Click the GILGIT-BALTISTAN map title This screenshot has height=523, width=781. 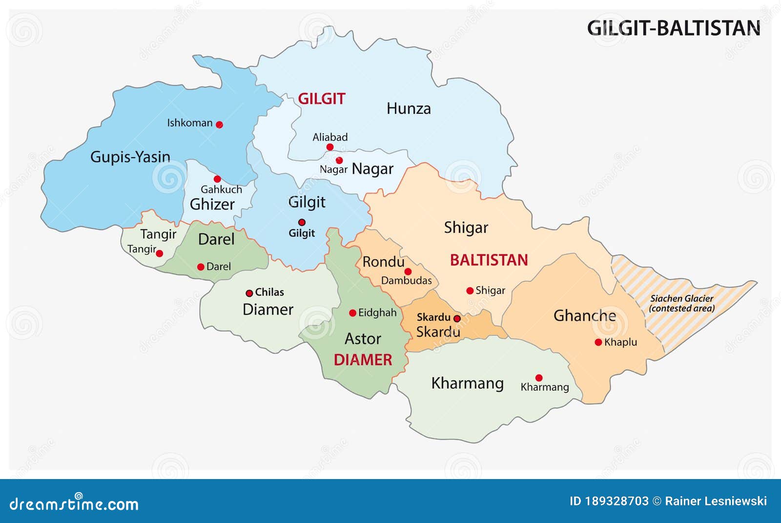(673, 28)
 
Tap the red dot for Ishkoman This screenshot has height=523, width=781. (219, 125)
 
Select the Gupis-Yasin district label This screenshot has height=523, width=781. (130, 157)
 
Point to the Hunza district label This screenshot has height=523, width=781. (409, 108)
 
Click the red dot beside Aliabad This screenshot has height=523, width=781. (330, 147)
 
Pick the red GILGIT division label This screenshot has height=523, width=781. (321, 99)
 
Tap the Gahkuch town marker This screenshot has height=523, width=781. (217, 179)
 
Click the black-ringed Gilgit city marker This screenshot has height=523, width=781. (302, 222)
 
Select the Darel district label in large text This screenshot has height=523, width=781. (216, 239)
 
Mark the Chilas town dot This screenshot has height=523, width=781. (249, 293)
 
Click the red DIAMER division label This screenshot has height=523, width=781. (363, 360)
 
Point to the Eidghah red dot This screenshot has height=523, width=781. (352, 313)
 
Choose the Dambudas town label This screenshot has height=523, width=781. (406, 281)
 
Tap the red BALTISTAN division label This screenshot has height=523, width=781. (489, 260)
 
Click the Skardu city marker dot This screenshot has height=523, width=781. (457, 318)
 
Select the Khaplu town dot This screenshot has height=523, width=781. (598, 342)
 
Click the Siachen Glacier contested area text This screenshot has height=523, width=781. (681, 303)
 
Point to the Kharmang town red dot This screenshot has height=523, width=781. (539, 377)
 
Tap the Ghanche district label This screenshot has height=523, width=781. (584, 316)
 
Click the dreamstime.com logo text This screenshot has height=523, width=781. (74, 503)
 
